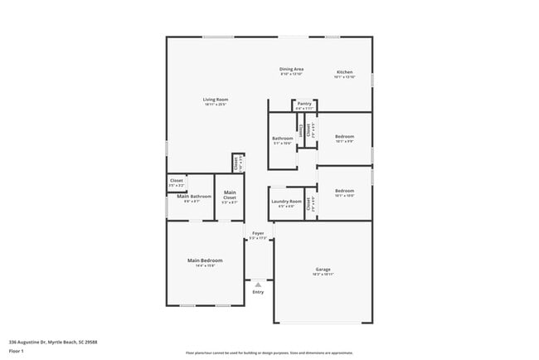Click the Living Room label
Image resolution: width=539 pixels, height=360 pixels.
click(215, 100)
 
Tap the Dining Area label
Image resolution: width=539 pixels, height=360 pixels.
click(291, 70)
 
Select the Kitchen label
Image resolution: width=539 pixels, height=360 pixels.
click(344, 71)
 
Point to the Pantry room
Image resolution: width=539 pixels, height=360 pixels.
click(304, 105)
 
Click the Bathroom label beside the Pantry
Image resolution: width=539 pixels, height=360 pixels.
click(283, 139)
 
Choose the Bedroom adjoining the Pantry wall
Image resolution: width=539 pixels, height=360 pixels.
click(344, 137)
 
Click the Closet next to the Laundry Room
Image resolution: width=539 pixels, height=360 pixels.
click(309, 203)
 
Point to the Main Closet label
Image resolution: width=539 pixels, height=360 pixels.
click(230, 196)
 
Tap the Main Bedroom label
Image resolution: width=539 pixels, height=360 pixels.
click(205, 260)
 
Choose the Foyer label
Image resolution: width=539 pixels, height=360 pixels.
click(258, 235)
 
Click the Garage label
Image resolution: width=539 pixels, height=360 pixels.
click(323, 270)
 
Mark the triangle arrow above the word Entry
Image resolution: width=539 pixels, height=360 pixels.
click(258, 285)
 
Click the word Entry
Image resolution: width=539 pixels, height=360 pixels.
click(258, 292)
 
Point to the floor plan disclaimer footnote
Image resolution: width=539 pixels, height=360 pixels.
click(269, 352)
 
